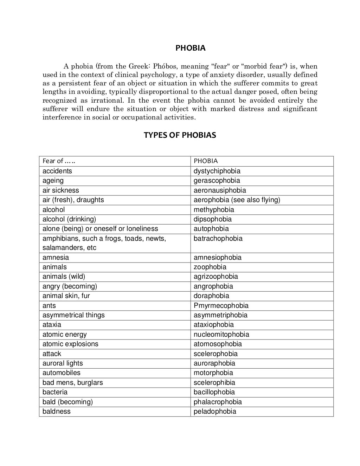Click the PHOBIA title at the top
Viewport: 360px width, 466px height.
(190, 48)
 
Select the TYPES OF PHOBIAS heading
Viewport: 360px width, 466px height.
(180, 135)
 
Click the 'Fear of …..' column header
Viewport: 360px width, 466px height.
(59, 161)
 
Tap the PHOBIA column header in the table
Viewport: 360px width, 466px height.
(206, 161)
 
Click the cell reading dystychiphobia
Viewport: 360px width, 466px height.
(217, 171)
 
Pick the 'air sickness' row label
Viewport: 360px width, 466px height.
(60, 190)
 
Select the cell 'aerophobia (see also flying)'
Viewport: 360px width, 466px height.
(237, 200)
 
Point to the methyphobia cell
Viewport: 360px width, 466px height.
(214, 209)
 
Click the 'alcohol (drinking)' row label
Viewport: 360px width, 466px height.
(69, 219)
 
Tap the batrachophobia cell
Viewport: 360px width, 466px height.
(218, 239)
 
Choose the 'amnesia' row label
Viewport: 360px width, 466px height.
(56, 258)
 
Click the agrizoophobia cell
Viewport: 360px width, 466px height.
(216, 277)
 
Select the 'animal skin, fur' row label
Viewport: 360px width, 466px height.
(66, 296)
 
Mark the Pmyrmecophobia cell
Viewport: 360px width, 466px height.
(221, 306)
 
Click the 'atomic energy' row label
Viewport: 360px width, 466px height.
(64, 335)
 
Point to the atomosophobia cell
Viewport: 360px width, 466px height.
(218, 344)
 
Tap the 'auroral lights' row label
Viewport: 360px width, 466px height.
(63, 363)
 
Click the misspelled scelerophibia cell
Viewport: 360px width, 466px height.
(214, 383)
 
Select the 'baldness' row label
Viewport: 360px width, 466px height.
(56, 412)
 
